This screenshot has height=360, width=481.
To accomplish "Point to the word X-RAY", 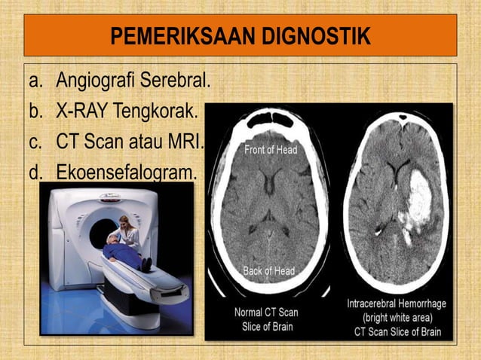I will pos(81,111).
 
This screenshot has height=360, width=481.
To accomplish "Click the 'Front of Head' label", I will pos(271,149).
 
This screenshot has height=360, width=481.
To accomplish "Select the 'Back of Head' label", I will pos(269,270).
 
